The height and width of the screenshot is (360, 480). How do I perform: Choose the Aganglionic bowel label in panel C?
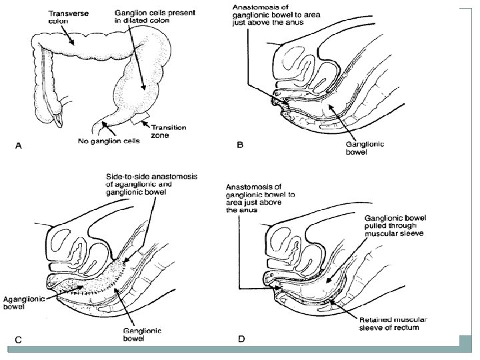[x=24, y=303]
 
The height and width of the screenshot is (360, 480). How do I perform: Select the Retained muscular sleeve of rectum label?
[x=394, y=323]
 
